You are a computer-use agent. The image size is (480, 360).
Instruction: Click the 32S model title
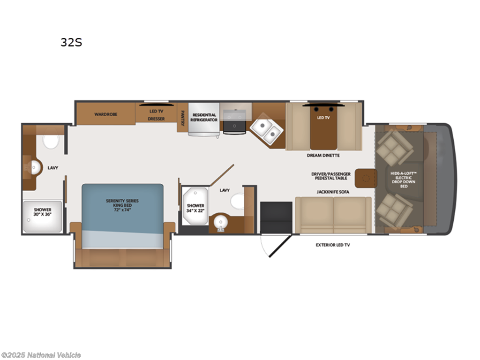click(71, 42)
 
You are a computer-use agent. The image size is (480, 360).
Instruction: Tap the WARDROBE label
click(105, 114)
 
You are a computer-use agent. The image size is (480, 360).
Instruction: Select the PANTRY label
click(183, 118)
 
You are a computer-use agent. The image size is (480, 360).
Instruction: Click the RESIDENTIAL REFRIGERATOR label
click(204, 117)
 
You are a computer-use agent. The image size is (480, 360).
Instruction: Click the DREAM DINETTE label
click(323, 155)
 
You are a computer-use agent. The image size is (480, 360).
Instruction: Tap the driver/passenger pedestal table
click(366, 178)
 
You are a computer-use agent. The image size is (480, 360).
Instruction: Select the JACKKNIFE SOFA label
click(333, 192)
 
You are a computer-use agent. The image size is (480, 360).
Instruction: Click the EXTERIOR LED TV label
click(333, 245)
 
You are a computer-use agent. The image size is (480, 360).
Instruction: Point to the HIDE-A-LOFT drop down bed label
click(404, 180)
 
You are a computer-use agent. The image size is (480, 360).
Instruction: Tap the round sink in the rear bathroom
click(35, 167)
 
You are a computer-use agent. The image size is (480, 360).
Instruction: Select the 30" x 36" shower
click(43, 217)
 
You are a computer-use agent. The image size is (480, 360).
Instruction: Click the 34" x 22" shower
click(195, 206)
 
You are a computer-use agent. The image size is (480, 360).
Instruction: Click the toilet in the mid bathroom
click(238, 201)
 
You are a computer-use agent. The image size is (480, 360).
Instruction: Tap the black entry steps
click(276, 217)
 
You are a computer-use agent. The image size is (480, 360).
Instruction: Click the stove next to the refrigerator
click(234, 121)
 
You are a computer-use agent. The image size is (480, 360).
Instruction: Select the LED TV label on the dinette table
click(323, 118)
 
